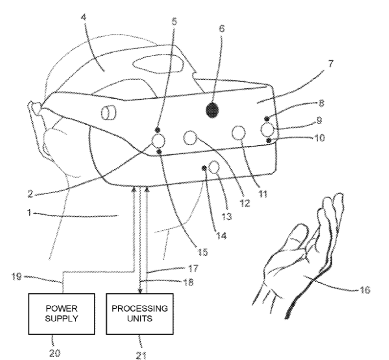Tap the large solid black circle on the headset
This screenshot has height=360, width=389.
click(213, 110)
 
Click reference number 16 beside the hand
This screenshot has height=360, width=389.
click(365, 290)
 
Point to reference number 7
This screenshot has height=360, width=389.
click(330, 64)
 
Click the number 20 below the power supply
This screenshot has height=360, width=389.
click(55, 353)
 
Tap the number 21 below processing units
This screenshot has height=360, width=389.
click(141, 355)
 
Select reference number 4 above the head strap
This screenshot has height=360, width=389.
click(84, 18)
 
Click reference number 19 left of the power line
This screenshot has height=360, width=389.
click(17, 276)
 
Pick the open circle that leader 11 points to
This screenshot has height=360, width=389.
click(238, 133)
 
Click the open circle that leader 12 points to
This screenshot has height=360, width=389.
click(190, 138)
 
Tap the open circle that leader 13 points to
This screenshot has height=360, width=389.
click(215, 167)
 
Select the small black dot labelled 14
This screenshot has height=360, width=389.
click(204, 168)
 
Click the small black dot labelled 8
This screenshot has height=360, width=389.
click(267, 118)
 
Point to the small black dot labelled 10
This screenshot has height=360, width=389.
click(269, 140)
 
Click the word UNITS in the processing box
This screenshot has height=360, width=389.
click(140, 318)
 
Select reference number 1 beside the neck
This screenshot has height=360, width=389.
click(29, 213)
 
